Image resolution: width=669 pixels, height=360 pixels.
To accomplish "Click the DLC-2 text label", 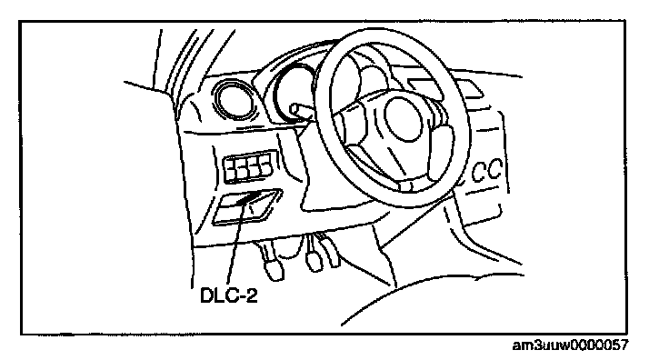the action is point(229,295).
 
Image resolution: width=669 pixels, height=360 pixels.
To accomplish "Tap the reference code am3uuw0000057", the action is point(570,345).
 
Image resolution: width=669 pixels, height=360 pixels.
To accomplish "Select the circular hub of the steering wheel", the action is point(404,119).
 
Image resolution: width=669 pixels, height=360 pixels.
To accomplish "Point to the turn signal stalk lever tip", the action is point(295,110).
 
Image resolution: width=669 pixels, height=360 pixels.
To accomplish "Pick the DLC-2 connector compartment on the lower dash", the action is point(246,206).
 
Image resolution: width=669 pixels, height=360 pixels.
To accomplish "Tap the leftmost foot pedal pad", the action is point(274,270).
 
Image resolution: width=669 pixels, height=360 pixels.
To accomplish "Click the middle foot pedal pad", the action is point(314,261).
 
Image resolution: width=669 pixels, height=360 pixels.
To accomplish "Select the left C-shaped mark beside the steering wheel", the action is point(478,173).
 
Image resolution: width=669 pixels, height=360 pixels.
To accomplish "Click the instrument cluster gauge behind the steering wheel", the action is point(295,92).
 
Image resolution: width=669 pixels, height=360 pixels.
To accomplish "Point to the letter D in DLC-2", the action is point(206,295).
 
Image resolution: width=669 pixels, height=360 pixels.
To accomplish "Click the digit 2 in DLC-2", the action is point(252,295).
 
